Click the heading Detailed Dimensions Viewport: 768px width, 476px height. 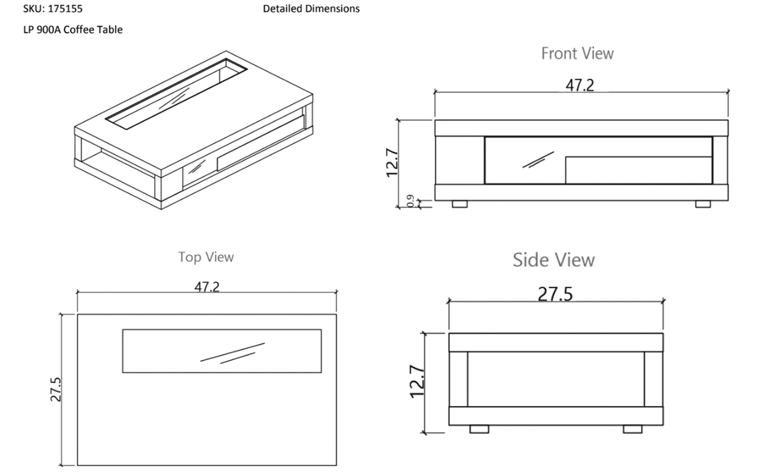(x=311, y=9)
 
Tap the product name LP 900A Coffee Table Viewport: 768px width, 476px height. (x=73, y=30)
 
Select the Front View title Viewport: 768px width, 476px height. (x=577, y=53)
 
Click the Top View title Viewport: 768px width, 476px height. (x=206, y=257)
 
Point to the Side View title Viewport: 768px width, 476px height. (x=553, y=260)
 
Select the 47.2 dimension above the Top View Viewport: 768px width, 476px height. (x=207, y=287)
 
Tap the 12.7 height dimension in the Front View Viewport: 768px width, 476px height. (x=392, y=162)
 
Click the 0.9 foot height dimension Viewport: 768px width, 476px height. (x=410, y=201)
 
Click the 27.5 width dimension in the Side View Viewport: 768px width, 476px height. (x=555, y=294)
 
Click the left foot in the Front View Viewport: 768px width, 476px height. (x=460, y=204)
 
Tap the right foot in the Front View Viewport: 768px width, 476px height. (x=703, y=204)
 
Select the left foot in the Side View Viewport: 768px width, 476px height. (x=479, y=429)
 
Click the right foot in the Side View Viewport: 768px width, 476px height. (x=633, y=429)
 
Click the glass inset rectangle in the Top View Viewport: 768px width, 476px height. (x=222, y=351)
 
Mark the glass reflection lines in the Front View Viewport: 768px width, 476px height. (x=539, y=160)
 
